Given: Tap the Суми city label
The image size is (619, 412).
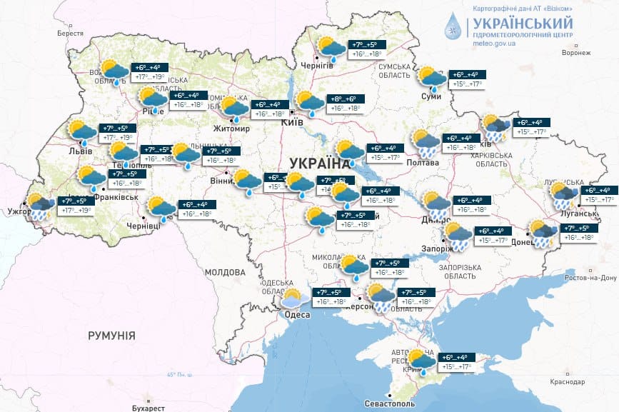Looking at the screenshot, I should point(431,96).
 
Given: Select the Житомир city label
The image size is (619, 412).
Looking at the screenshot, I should point(231,129).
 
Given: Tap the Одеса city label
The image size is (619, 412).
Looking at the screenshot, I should point(297,315).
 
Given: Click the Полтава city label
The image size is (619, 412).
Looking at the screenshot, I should point(423,163).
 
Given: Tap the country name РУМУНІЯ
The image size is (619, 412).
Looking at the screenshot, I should point(111,335).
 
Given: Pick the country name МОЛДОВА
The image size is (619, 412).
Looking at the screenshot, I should point(225,272).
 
